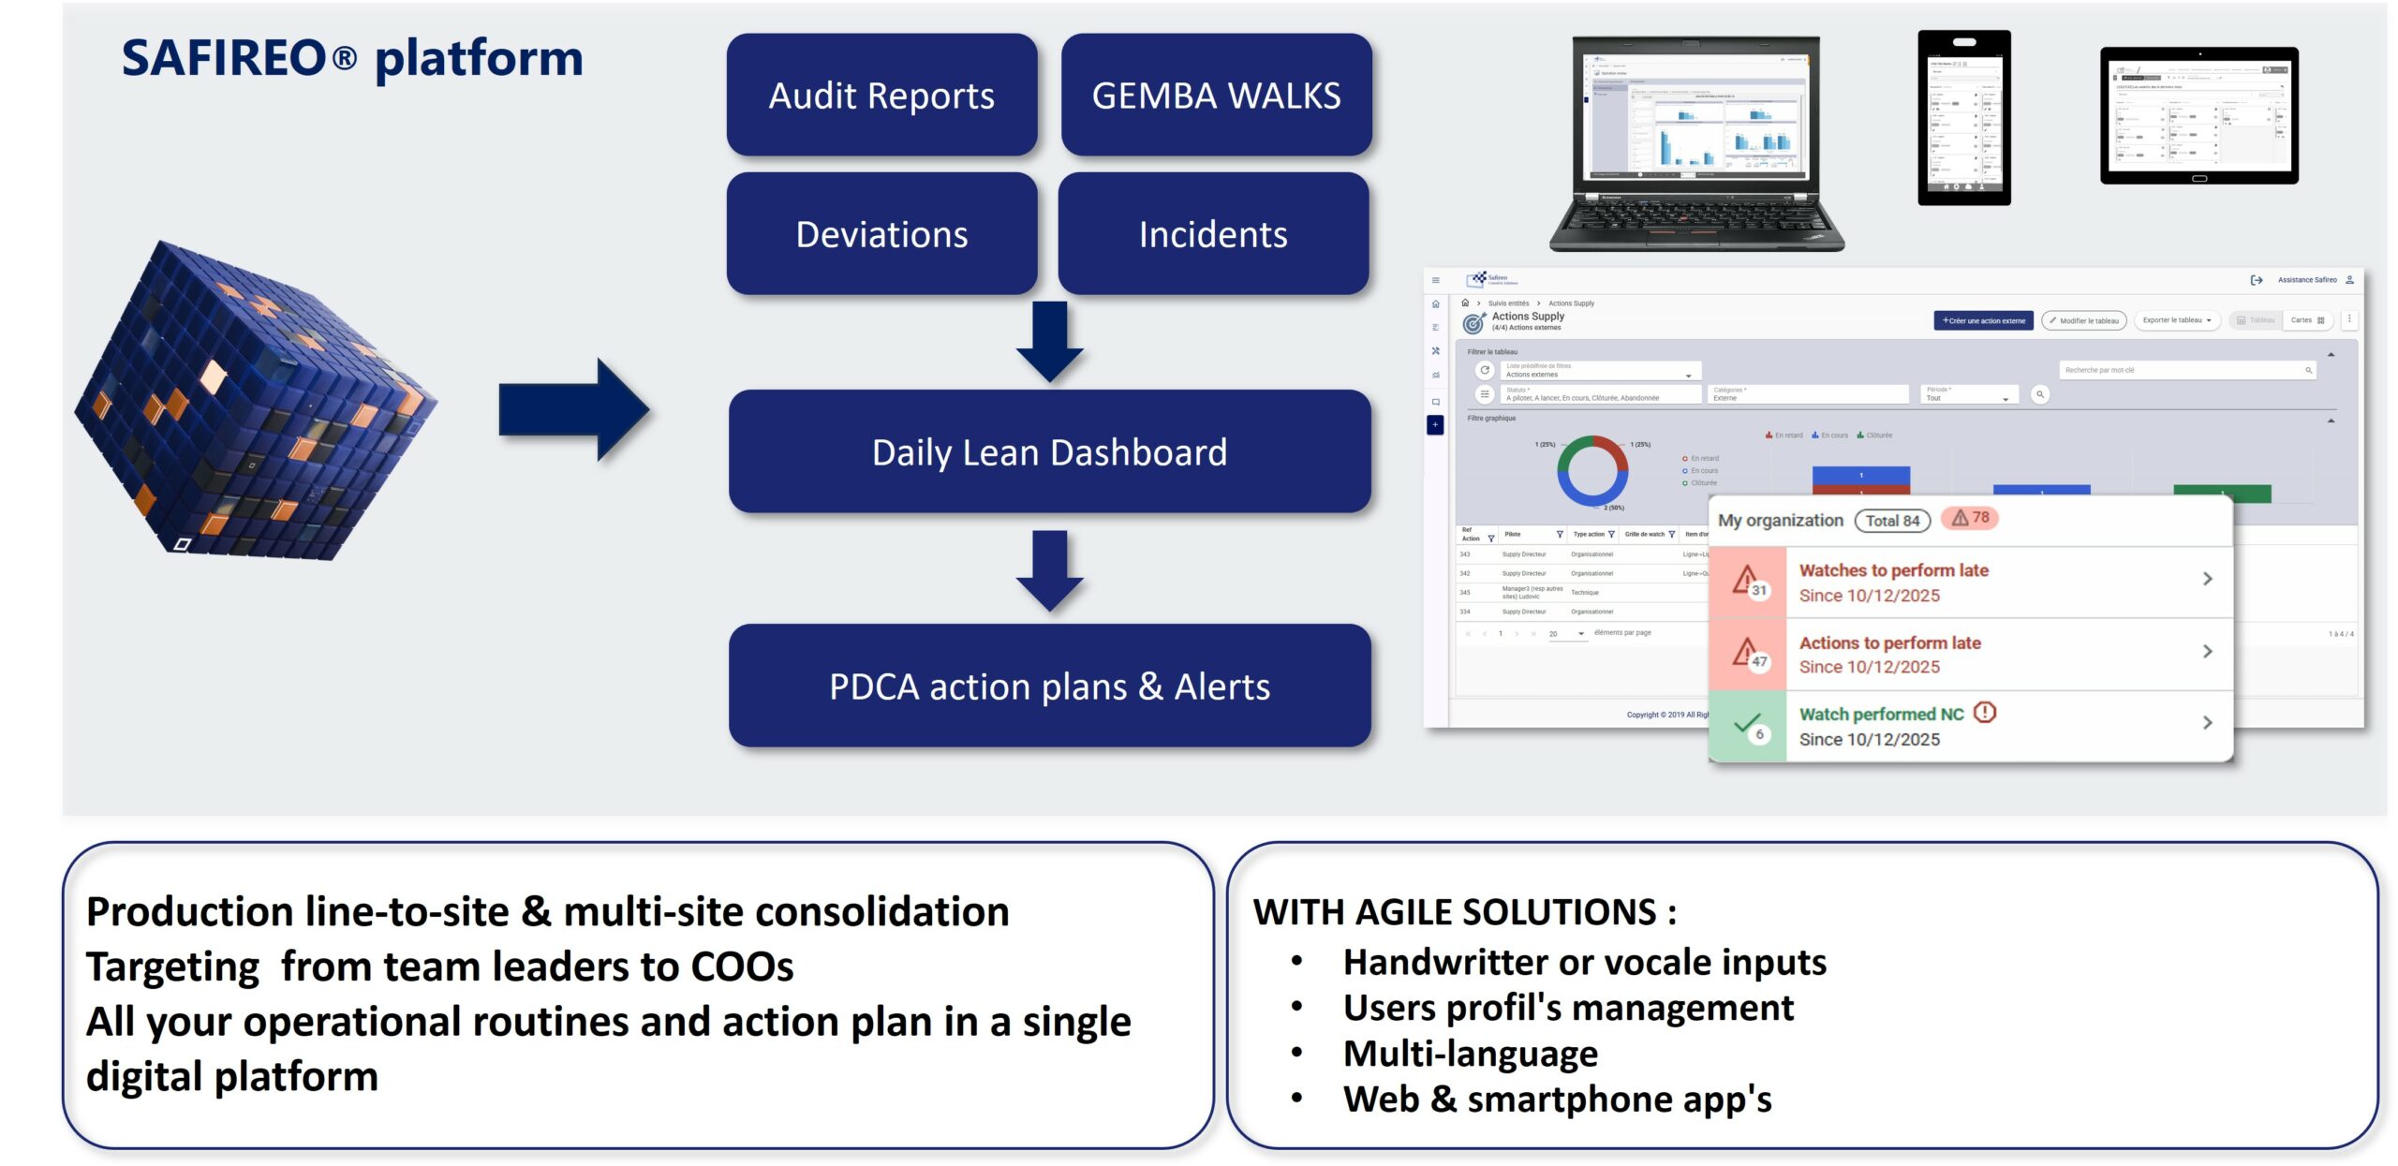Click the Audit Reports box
[881, 95]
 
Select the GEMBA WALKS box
[1216, 95]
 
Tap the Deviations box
[881, 233]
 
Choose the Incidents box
[1213, 233]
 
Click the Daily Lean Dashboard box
[1049, 451]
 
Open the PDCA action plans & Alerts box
[1049, 686]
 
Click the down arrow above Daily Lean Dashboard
[1050, 340]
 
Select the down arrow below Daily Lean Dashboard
[1050, 569]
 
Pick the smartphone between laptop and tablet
[1963, 117]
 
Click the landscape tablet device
[2198, 115]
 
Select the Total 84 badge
[1892, 521]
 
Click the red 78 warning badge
[1970, 518]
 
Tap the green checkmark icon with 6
[1748, 727]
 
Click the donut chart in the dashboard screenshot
[1591, 471]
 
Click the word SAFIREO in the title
[224, 58]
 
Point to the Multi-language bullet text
[1470, 1054]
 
